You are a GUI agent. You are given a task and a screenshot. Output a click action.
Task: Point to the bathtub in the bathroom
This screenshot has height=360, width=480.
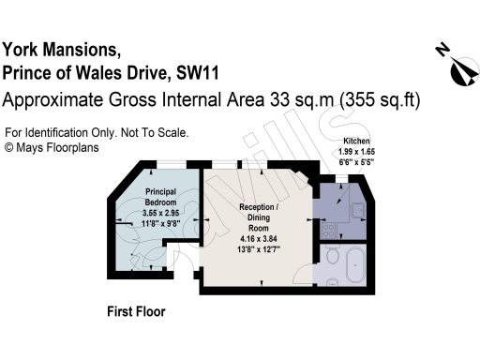click(355, 268)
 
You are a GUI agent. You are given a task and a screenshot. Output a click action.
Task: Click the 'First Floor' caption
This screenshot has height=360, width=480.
click(136, 309)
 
